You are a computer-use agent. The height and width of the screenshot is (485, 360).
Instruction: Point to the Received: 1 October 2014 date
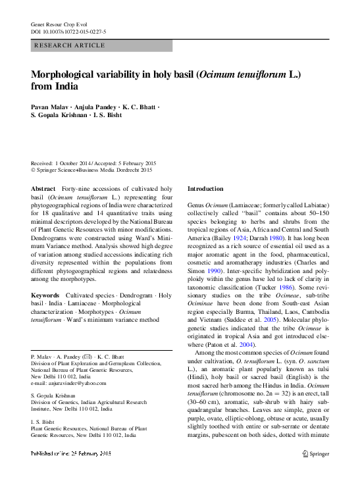[x=64, y=163]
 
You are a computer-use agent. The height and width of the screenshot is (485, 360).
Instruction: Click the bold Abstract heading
[x=43, y=189]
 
